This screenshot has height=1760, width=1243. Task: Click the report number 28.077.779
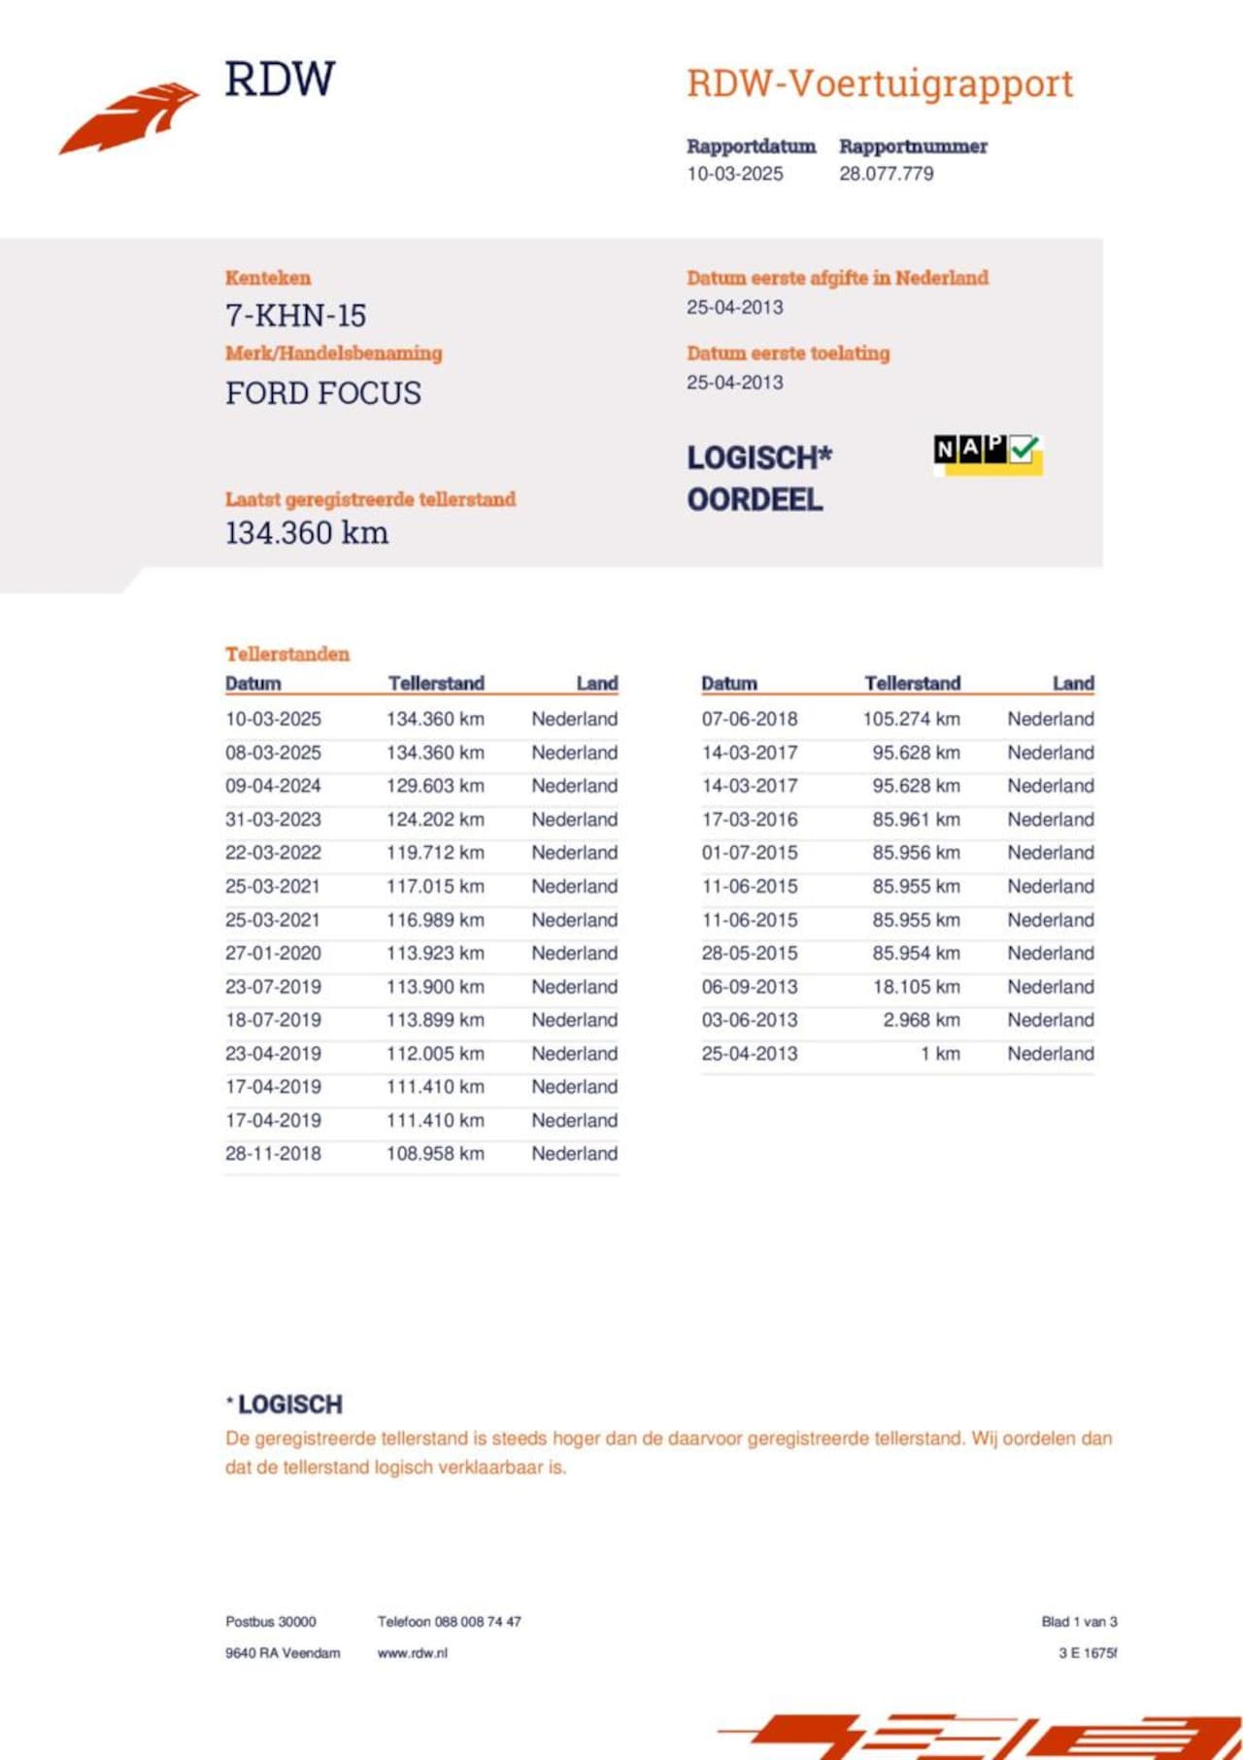click(x=886, y=174)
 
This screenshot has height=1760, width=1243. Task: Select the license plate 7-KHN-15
click(x=295, y=316)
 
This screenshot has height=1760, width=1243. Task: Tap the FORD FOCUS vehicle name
click(x=323, y=393)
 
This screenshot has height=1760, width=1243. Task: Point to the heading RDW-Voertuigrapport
click(x=880, y=84)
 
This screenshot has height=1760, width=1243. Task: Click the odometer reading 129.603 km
click(x=435, y=786)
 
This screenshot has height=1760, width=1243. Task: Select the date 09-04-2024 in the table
click(x=273, y=786)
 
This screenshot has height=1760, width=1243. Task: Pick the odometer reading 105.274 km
click(x=911, y=719)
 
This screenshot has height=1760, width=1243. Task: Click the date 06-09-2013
click(x=750, y=987)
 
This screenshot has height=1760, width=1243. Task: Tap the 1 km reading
click(x=940, y=1054)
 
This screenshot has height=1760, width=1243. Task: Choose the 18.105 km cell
click(x=916, y=987)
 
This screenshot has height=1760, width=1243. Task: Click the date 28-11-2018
click(x=273, y=1154)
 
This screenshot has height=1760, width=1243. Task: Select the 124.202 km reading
click(x=435, y=819)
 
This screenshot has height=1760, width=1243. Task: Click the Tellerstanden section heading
click(x=287, y=654)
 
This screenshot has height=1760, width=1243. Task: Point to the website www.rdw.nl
click(x=413, y=1653)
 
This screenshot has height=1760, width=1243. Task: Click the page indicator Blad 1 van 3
click(x=1079, y=1622)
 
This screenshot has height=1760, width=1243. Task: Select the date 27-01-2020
click(x=273, y=953)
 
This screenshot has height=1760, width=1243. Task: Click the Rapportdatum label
click(x=751, y=147)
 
